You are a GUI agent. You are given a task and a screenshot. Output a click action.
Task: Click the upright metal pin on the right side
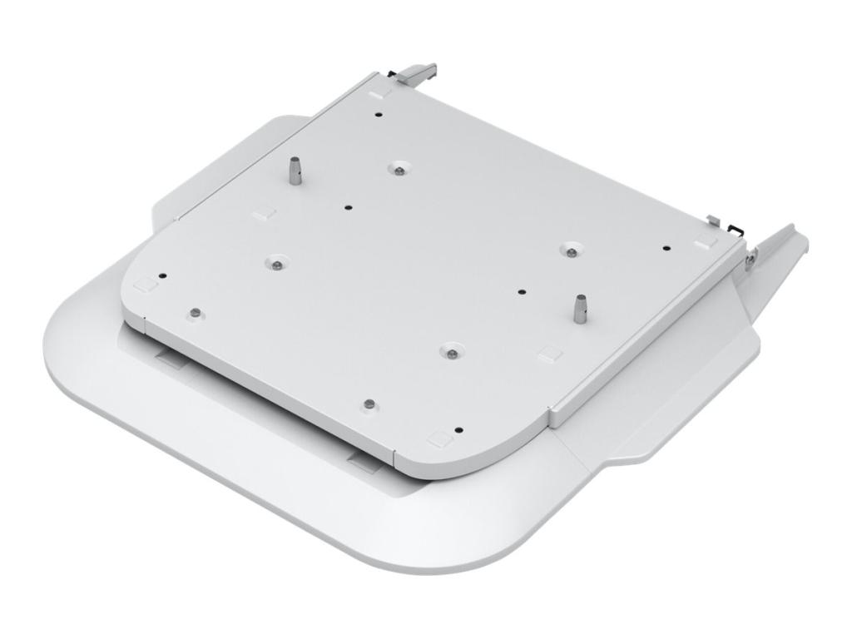pos(579,307)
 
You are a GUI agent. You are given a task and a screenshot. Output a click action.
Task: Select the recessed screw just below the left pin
pos(275,263)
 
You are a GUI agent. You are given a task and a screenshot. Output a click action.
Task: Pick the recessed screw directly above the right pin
pos(570,250)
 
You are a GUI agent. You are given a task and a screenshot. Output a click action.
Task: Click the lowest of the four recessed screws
pos(450,353)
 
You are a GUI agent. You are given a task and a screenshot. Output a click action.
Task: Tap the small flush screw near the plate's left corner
pos(194,312)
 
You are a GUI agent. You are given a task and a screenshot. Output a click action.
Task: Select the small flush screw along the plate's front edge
pos(369,404)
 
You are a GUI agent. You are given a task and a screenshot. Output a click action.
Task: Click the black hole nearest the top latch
pos(379,116)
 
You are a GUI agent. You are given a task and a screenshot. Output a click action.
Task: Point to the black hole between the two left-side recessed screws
pos(348,207)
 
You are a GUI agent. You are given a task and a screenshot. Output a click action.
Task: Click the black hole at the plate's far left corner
pos(164,276)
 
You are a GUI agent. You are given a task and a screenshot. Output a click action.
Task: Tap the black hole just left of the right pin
pos(522,292)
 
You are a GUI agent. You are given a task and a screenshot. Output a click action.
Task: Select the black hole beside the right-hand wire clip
pos(666,247)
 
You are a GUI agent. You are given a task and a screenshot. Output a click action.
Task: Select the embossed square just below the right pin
pos(549,354)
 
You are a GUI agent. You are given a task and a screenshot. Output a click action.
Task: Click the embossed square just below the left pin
pos(263,212)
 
